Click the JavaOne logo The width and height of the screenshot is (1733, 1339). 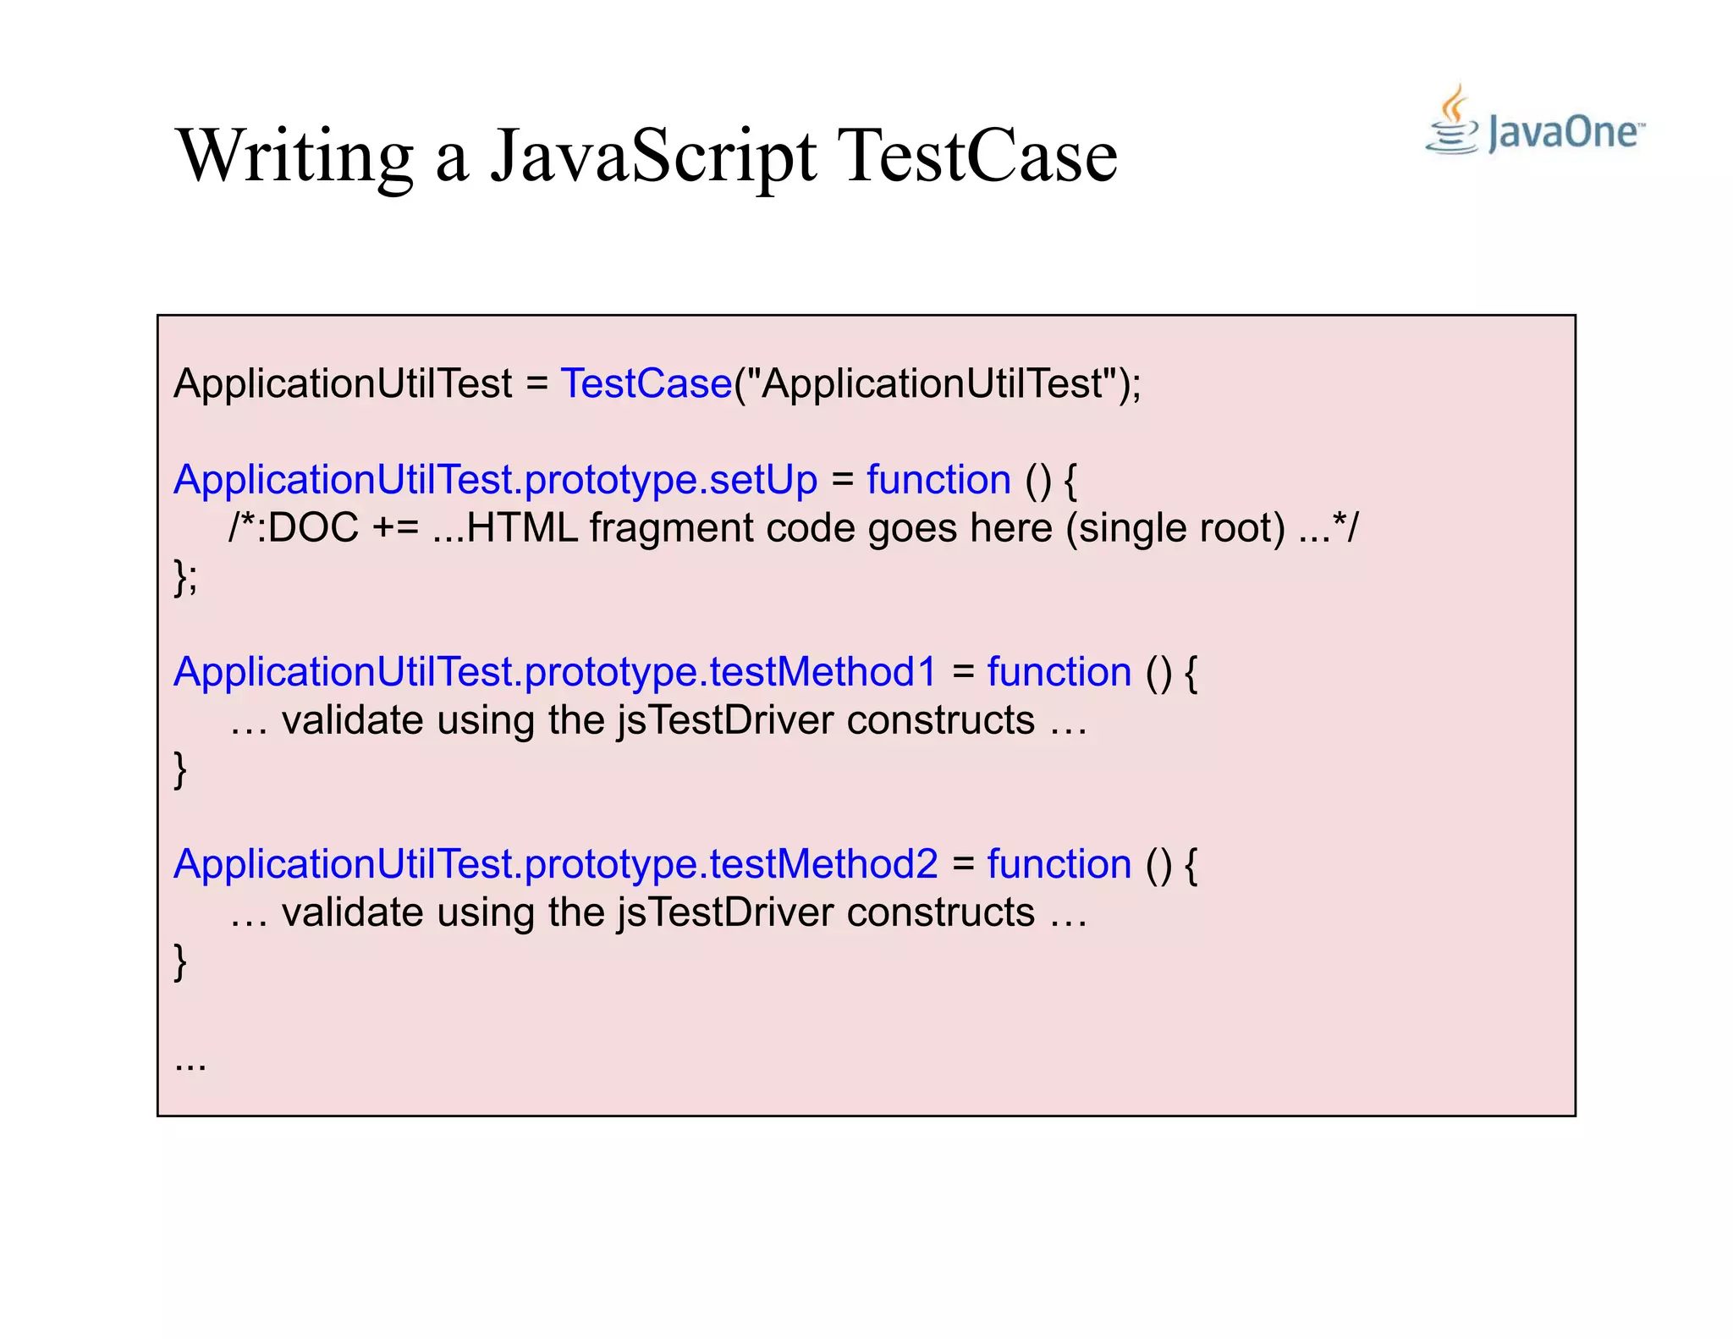(1536, 123)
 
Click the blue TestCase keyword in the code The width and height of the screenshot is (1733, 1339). (646, 383)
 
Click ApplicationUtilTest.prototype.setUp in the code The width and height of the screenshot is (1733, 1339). (495, 480)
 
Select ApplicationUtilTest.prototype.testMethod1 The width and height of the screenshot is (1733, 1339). (555, 672)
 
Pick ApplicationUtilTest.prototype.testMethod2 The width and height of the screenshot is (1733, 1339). (555, 864)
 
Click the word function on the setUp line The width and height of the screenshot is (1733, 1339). (938, 480)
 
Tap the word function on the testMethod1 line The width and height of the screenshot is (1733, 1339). (1059, 672)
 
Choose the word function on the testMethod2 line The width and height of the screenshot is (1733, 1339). (1059, 864)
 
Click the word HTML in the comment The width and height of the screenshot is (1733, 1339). (521, 528)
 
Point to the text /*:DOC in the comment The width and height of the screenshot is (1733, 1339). (294, 528)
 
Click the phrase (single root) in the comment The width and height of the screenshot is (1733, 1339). (1175, 528)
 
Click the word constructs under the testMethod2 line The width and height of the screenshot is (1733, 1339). (940, 912)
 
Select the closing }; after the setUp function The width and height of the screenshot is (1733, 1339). (185, 577)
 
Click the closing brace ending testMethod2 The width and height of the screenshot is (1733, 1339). (180, 962)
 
